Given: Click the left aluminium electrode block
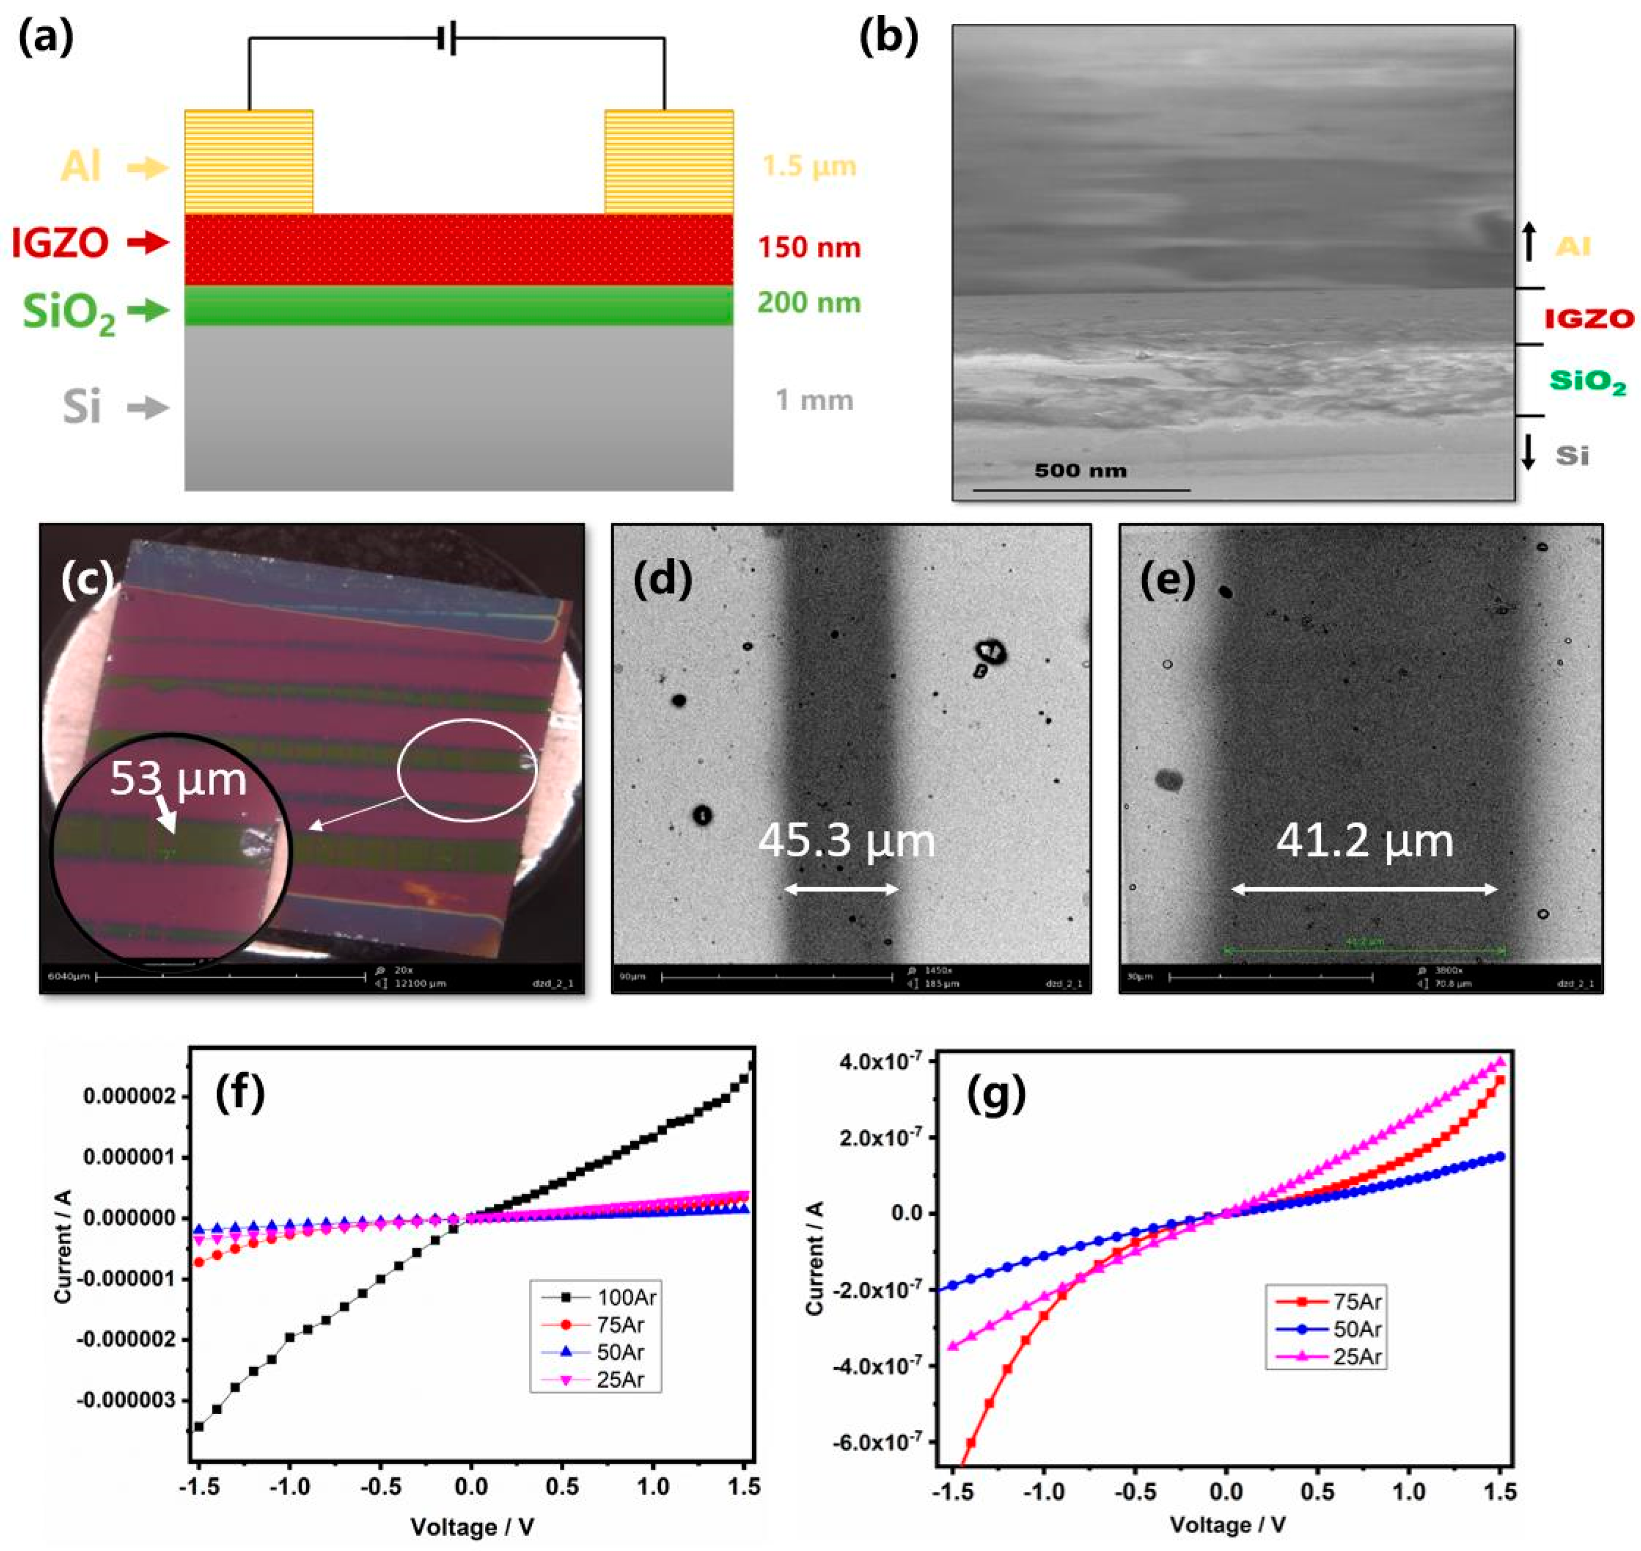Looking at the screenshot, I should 248,162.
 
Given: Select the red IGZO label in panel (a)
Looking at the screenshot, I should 60,242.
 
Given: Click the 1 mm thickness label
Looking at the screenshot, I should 814,400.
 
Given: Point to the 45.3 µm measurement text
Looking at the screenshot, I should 846,841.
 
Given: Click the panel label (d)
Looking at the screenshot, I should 662,579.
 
